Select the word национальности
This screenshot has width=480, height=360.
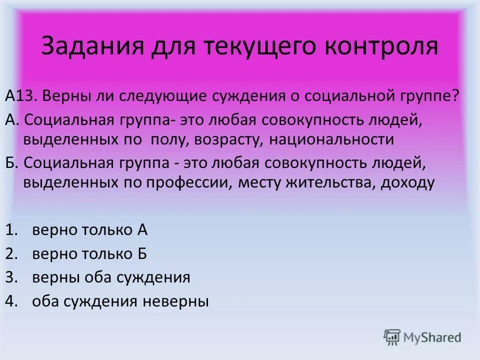(x=331, y=139)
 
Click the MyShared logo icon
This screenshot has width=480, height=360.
(x=392, y=337)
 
